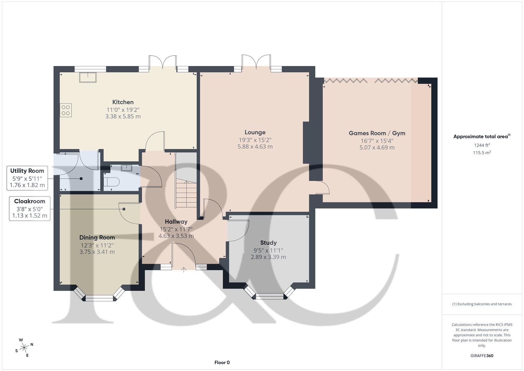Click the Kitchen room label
[123, 102]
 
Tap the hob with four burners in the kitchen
[66, 110]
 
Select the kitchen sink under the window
[88, 77]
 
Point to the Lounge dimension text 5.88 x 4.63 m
[255, 147]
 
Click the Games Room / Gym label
[377, 133]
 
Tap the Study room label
[268, 243]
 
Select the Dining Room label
[97, 237]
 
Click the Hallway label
[176, 222]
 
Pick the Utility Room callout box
[27, 178]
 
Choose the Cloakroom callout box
[30, 209]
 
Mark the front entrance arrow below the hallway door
[184, 270]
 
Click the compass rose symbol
[24, 348]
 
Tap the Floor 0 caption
[222, 362]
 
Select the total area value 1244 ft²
[482, 145]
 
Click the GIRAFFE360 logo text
[482, 356]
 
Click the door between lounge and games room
[323, 188]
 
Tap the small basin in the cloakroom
[127, 168]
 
